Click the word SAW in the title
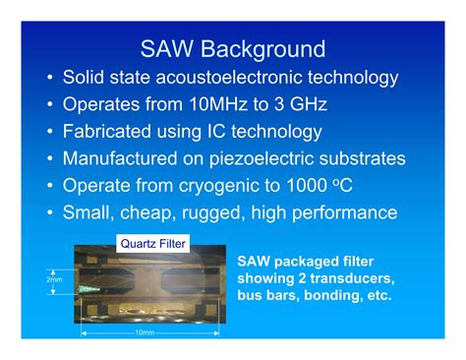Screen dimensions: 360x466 [165, 48]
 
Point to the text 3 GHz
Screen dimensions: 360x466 [298, 104]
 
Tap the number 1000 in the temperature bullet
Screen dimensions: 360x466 [329, 185]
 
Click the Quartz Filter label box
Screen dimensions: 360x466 [152, 243]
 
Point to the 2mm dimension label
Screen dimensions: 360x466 [53, 279]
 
